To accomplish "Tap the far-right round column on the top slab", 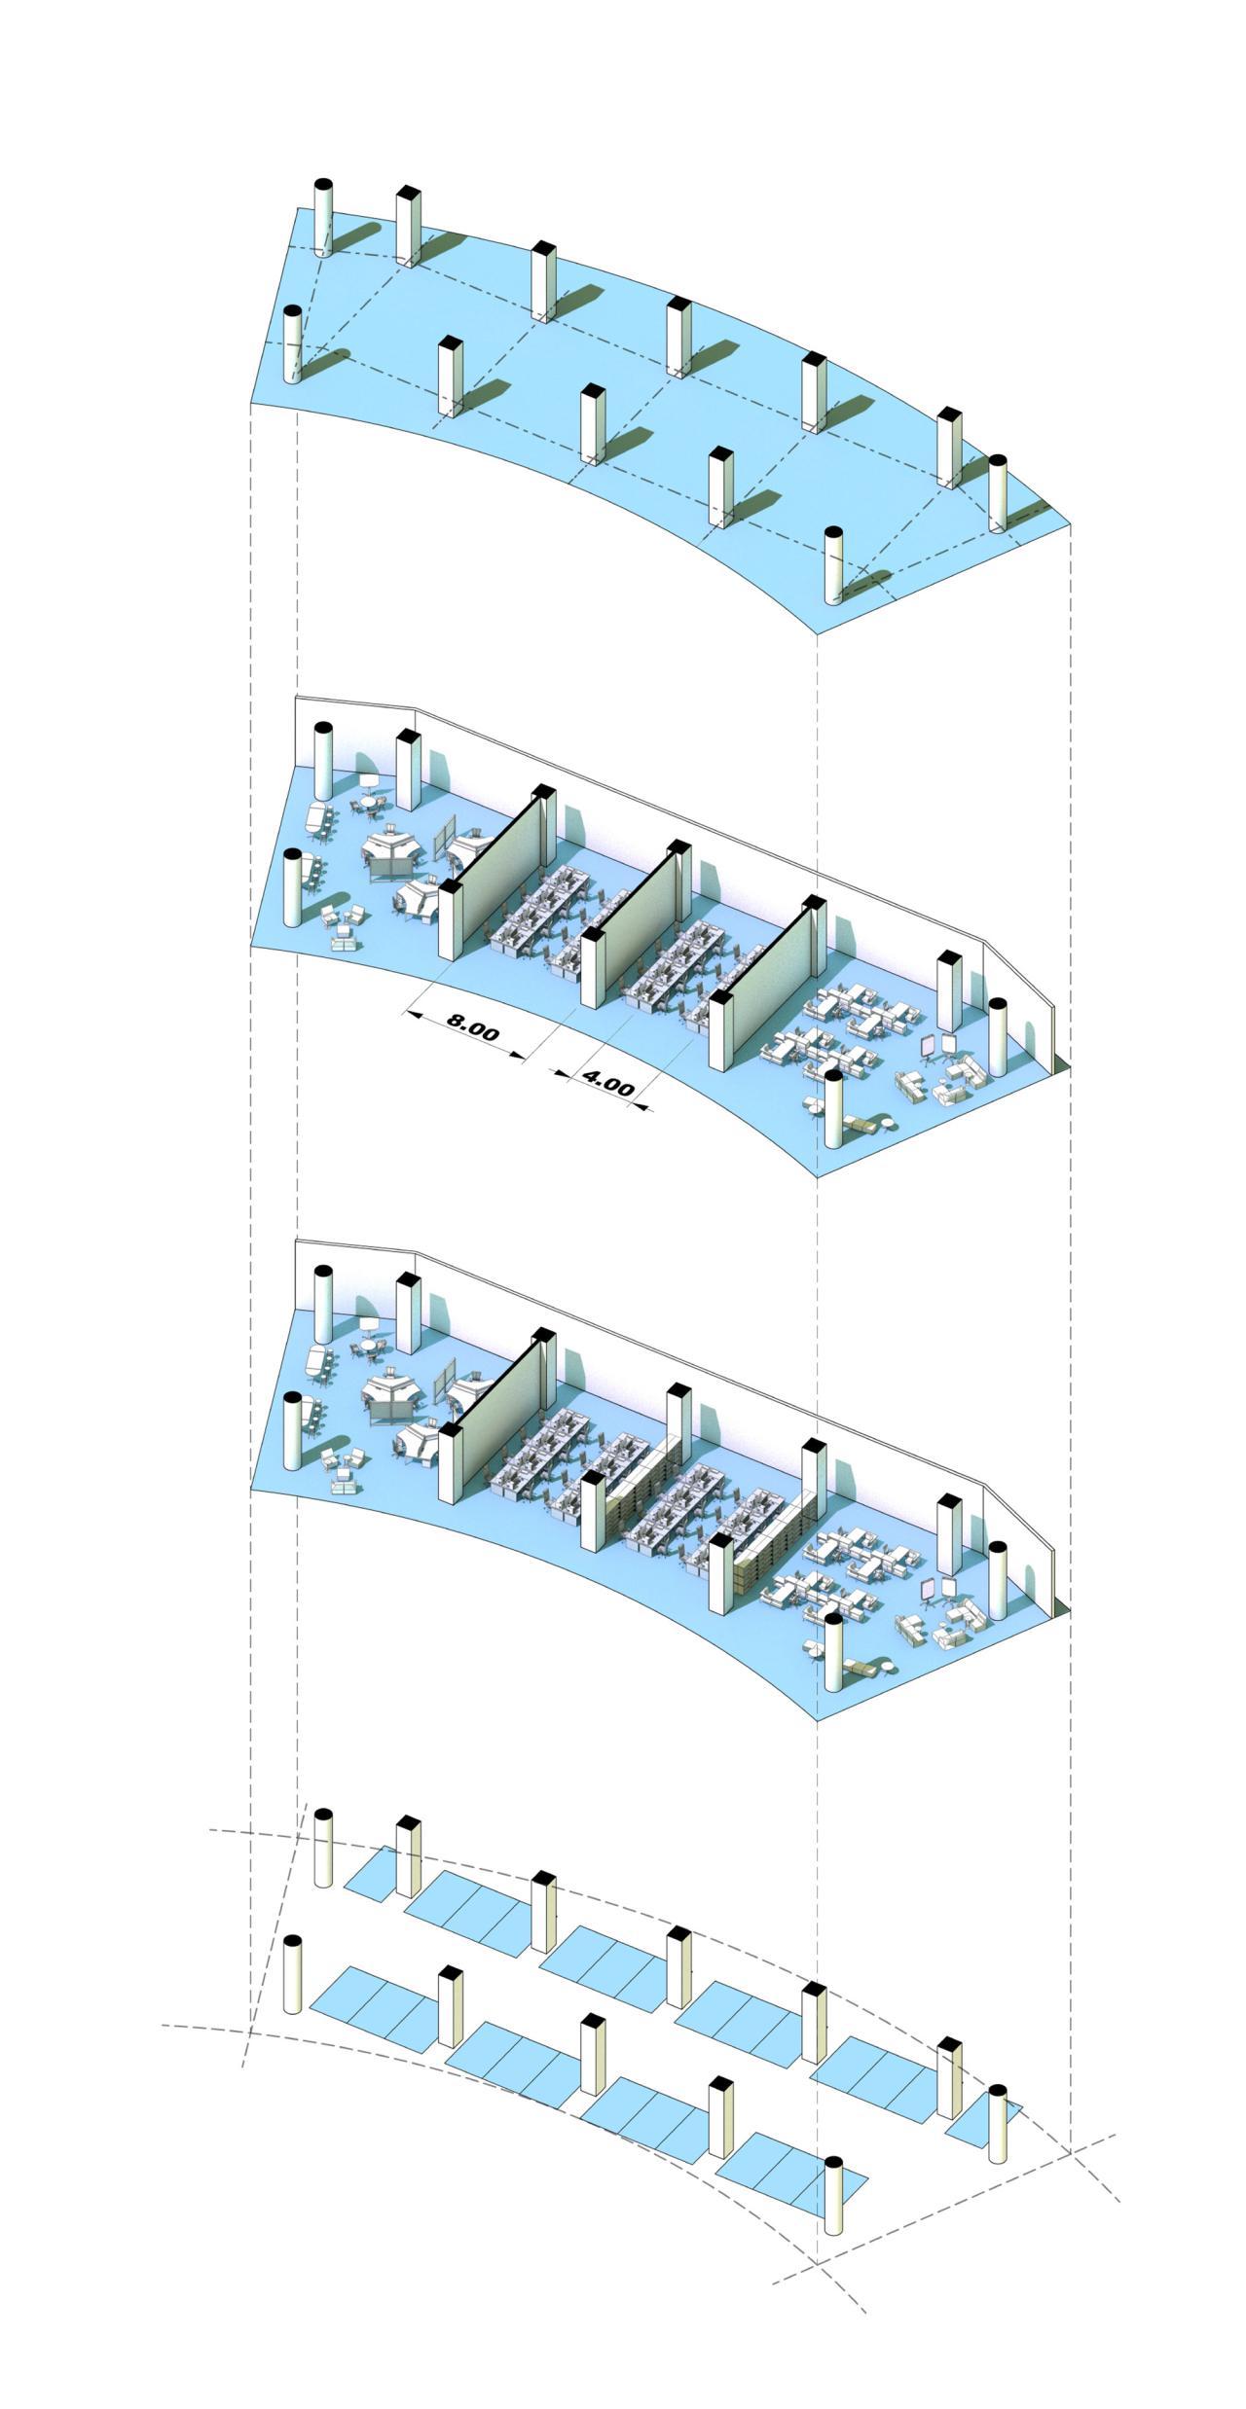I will [x=998, y=493].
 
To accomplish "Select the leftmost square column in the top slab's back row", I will [x=408, y=226].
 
